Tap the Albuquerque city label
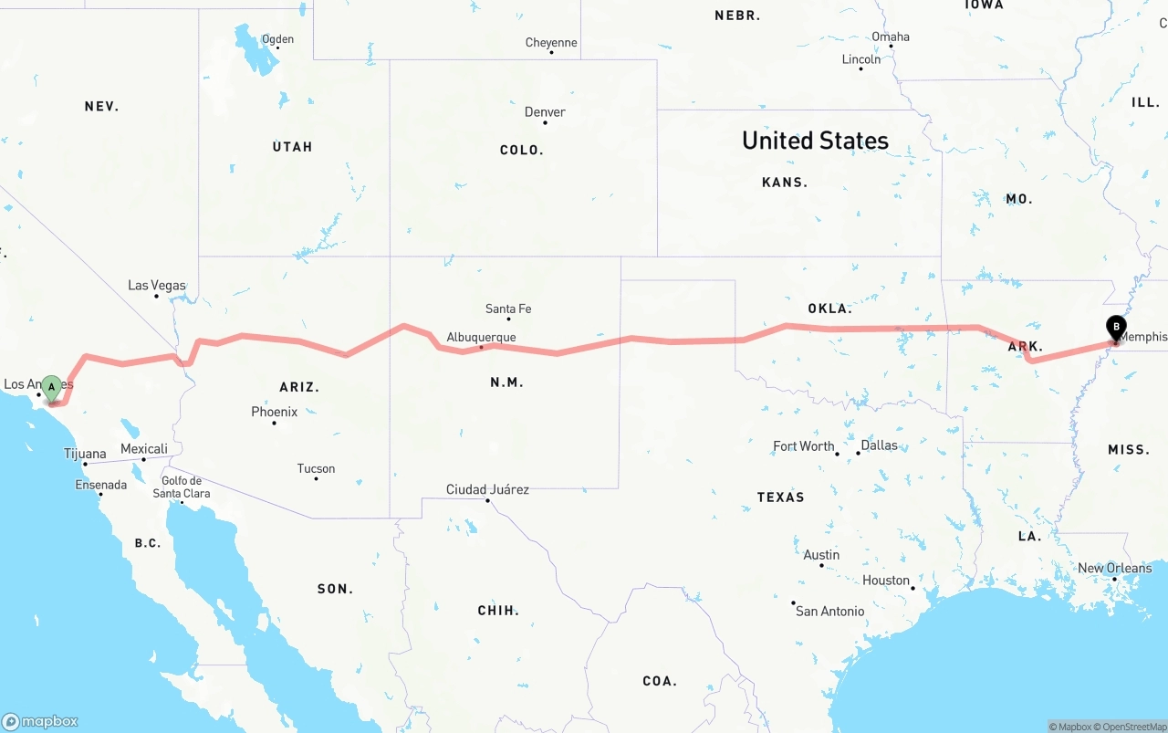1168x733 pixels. (x=481, y=338)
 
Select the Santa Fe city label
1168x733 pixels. (x=508, y=309)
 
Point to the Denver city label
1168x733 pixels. (x=545, y=112)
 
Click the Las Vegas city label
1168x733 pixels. (x=156, y=286)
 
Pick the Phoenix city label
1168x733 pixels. (x=274, y=412)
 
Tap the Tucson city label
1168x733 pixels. (x=316, y=468)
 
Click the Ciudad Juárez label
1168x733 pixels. (x=487, y=489)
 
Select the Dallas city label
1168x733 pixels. (x=879, y=445)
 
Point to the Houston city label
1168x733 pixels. (x=886, y=581)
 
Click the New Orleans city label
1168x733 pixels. (x=1114, y=568)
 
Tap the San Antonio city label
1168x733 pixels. (x=829, y=611)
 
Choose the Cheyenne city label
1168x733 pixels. (x=551, y=43)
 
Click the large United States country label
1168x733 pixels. (x=815, y=141)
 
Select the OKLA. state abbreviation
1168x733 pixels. (x=829, y=309)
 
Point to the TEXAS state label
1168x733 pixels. (x=780, y=497)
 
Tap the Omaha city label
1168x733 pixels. (x=891, y=37)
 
